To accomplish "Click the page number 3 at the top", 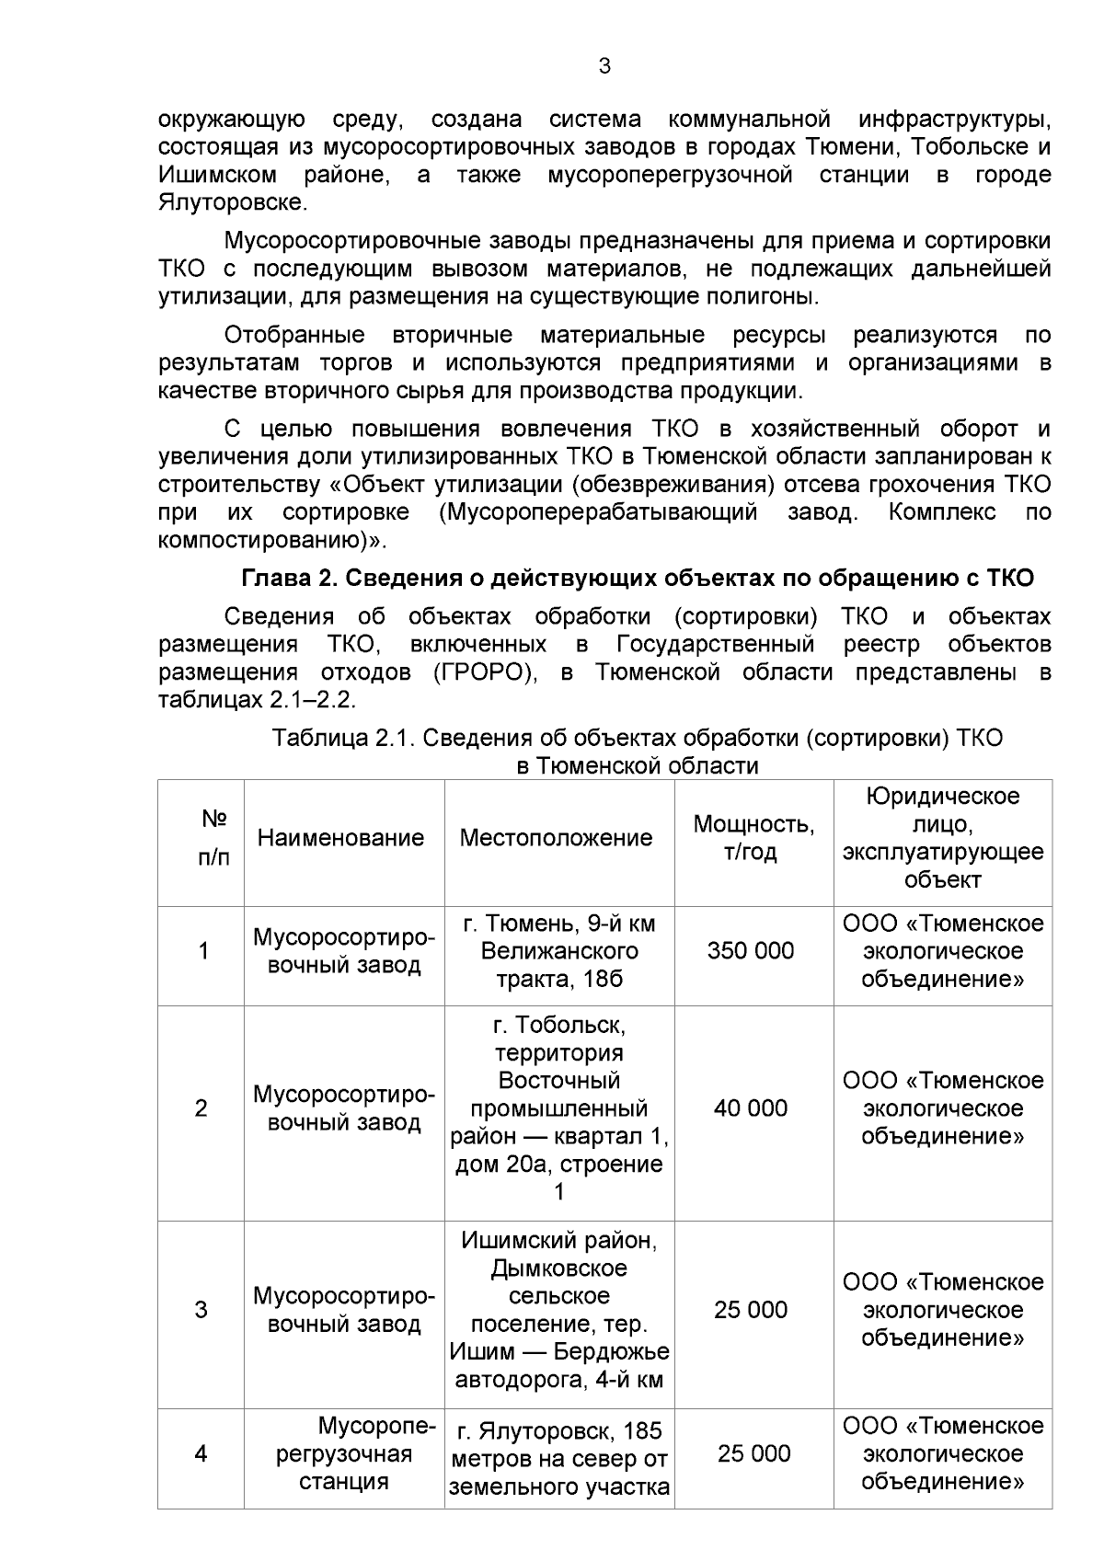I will [604, 66].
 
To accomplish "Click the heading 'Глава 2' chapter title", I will [637, 578].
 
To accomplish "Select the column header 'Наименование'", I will [340, 837].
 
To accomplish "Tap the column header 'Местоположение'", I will [556, 837].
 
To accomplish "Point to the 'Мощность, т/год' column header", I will [753, 837].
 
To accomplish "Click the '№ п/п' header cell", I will [213, 837].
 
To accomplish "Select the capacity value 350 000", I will [750, 950].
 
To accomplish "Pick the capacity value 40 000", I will [750, 1108].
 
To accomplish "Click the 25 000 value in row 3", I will [750, 1309].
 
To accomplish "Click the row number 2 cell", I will [201, 1108].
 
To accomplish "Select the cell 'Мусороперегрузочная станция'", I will [344, 1453].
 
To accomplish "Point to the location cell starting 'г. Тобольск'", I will [558, 1108].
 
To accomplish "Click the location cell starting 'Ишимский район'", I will [558, 1309].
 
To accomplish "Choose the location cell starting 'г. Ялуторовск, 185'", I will [558, 1458].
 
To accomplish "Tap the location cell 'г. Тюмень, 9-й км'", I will [558, 950].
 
